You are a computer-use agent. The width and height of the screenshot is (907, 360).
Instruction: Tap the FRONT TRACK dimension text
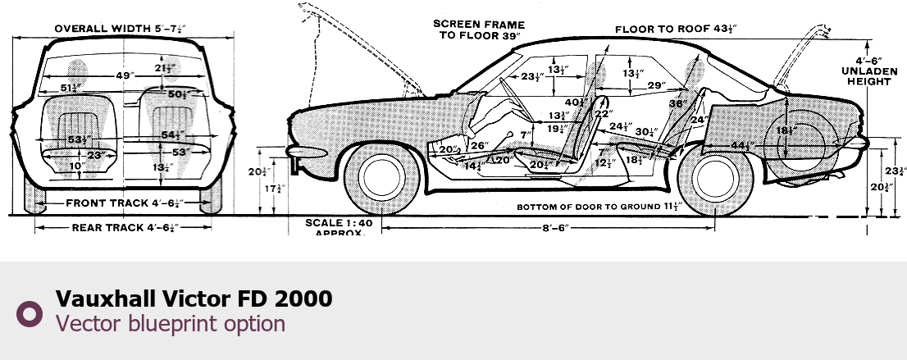[124, 203]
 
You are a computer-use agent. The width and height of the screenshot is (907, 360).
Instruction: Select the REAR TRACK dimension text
[124, 227]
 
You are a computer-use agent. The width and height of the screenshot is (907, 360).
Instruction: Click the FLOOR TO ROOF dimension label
[677, 30]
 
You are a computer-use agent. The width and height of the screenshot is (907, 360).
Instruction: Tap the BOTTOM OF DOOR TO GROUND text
[598, 206]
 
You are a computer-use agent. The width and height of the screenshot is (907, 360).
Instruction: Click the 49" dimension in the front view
[124, 75]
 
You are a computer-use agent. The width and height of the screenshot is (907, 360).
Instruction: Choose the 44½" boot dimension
[743, 145]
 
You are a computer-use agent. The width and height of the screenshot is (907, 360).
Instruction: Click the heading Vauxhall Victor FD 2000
[194, 298]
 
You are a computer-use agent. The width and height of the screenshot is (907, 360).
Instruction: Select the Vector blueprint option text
[171, 323]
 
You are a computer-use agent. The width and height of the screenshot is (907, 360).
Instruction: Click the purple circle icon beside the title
[30, 312]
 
